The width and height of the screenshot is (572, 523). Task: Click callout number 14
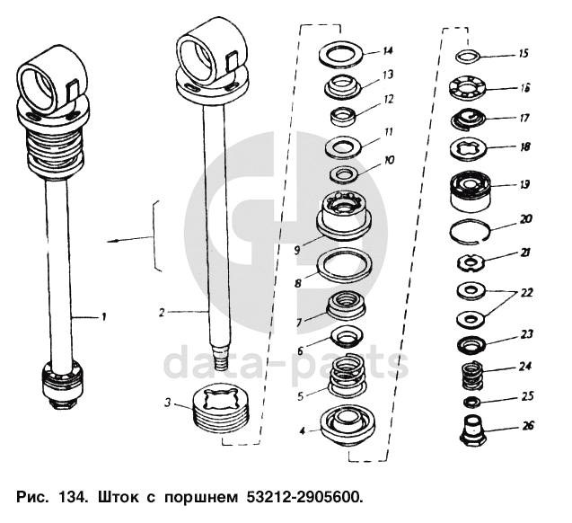click(387, 50)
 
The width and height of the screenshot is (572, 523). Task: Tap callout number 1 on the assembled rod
click(103, 315)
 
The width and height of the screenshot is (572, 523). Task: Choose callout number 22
click(525, 293)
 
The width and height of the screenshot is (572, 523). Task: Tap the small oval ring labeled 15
click(465, 57)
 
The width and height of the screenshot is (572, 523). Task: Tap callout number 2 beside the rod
click(161, 314)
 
